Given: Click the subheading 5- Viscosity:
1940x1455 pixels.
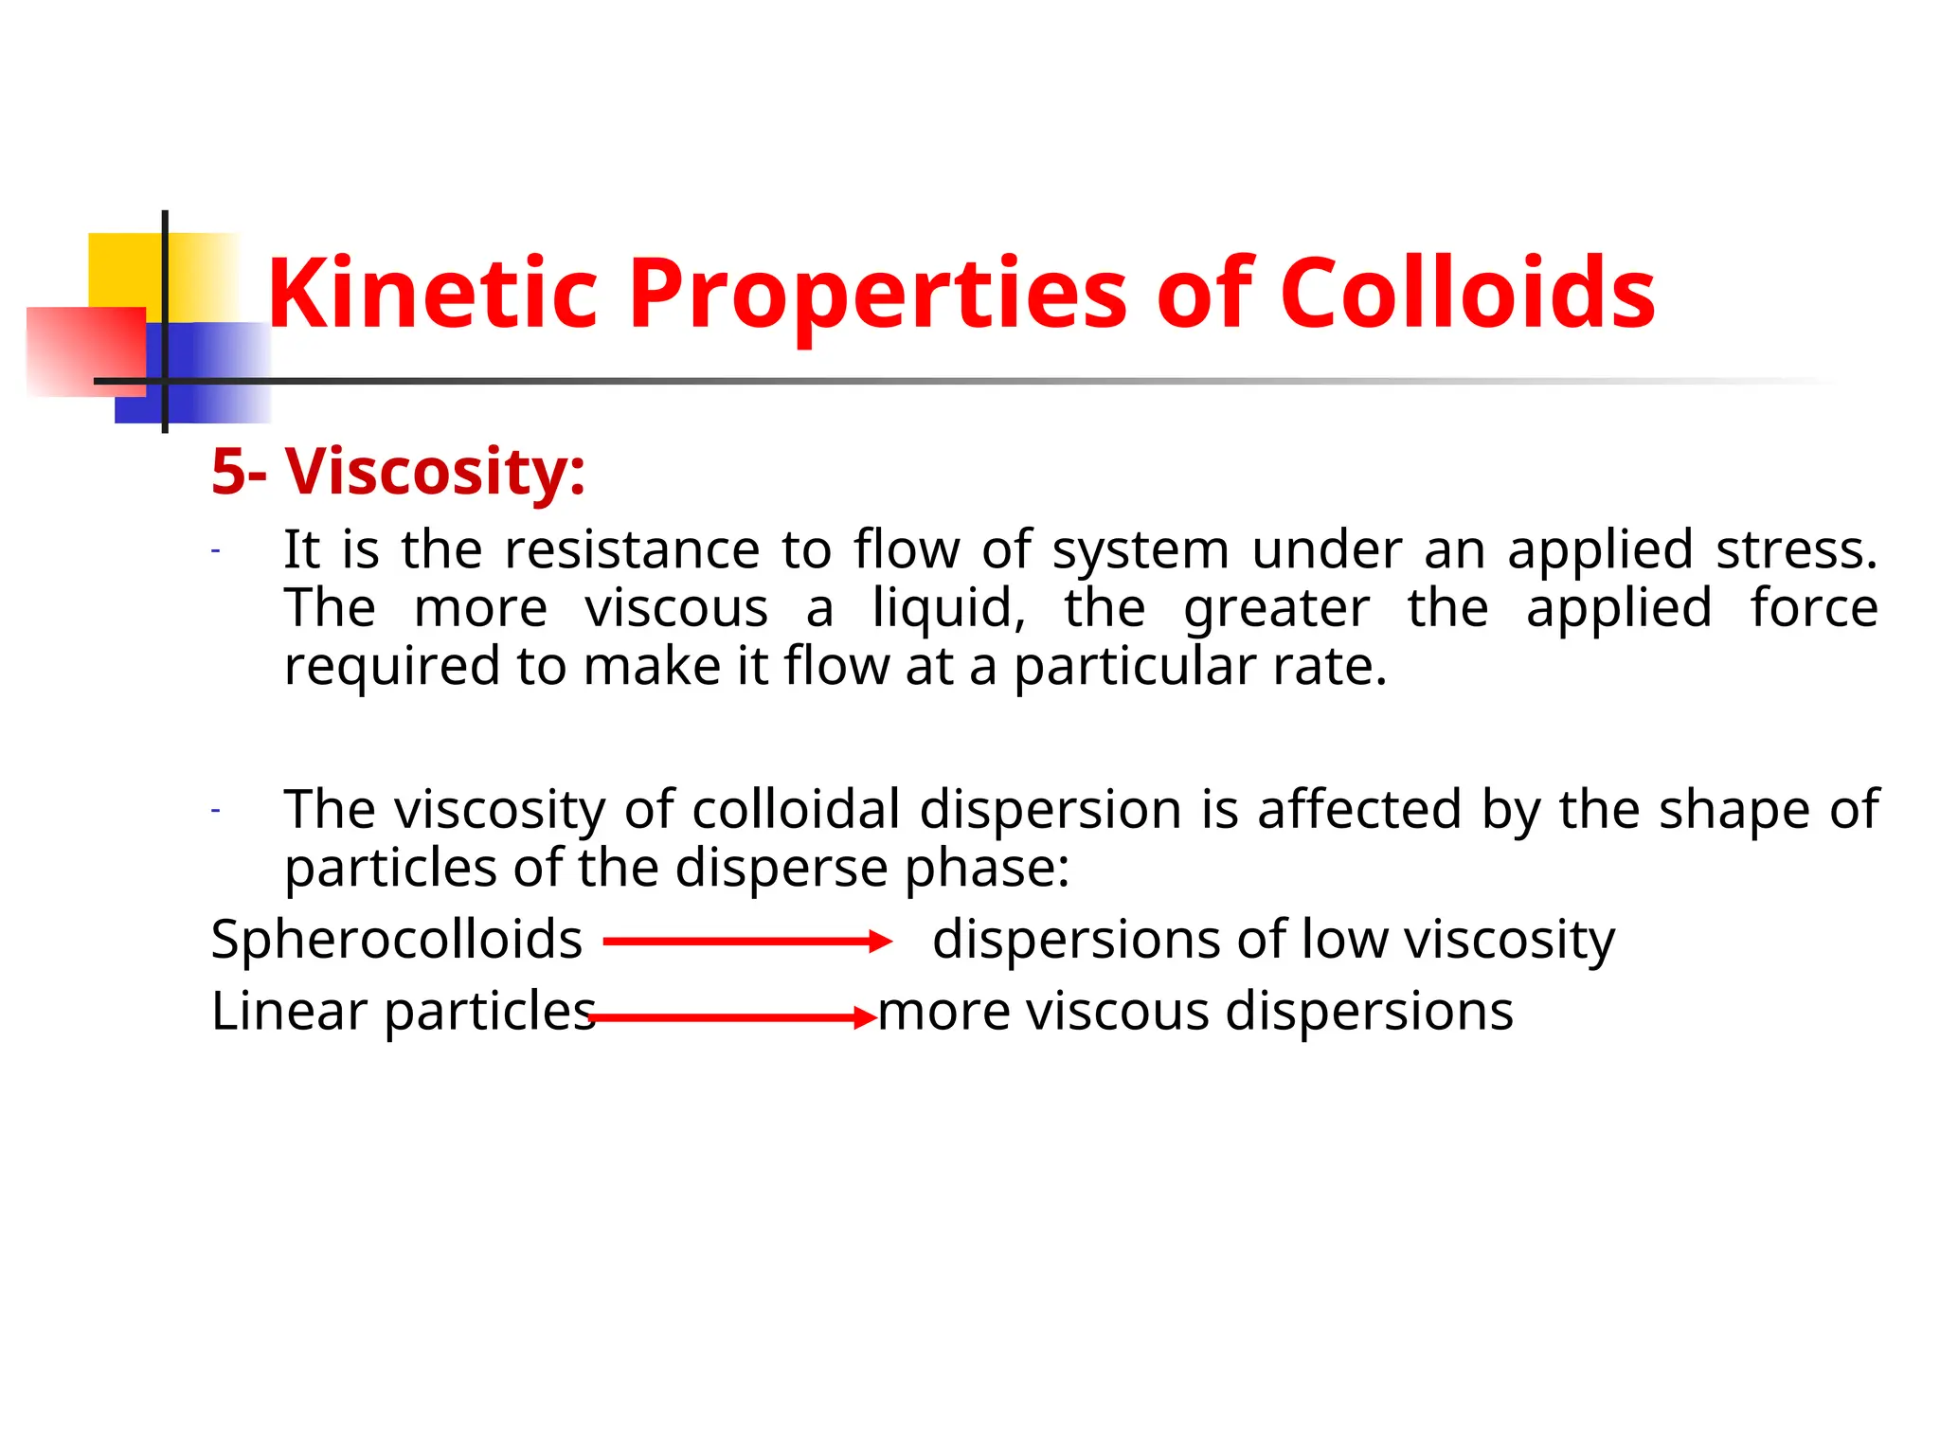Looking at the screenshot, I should pyautogui.click(x=398, y=471).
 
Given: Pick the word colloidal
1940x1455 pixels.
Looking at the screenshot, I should pyautogui.click(x=796, y=810).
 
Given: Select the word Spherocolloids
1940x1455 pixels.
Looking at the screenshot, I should pyautogui.click(x=396, y=941).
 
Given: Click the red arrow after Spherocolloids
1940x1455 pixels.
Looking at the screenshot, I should pyautogui.click(x=747, y=942).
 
